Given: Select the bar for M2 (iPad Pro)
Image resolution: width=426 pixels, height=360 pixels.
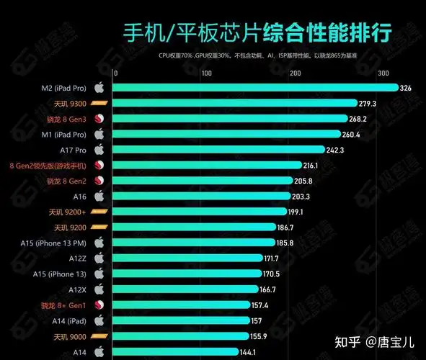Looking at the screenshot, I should tap(257, 88).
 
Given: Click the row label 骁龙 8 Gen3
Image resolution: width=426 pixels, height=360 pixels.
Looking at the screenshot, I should tap(66, 119).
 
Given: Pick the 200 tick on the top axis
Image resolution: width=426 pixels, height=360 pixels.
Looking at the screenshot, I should tap(295, 73).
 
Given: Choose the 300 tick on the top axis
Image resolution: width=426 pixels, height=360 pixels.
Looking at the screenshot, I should tap(383, 73).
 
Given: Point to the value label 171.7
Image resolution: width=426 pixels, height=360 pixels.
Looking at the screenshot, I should tap(271, 258).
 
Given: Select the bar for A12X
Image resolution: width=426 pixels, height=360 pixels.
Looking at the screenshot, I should tap(186, 289).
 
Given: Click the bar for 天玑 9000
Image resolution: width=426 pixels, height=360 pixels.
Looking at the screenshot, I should tap(181, 336).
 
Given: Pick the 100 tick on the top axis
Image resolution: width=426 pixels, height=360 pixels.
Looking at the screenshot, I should tap(205, 73).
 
